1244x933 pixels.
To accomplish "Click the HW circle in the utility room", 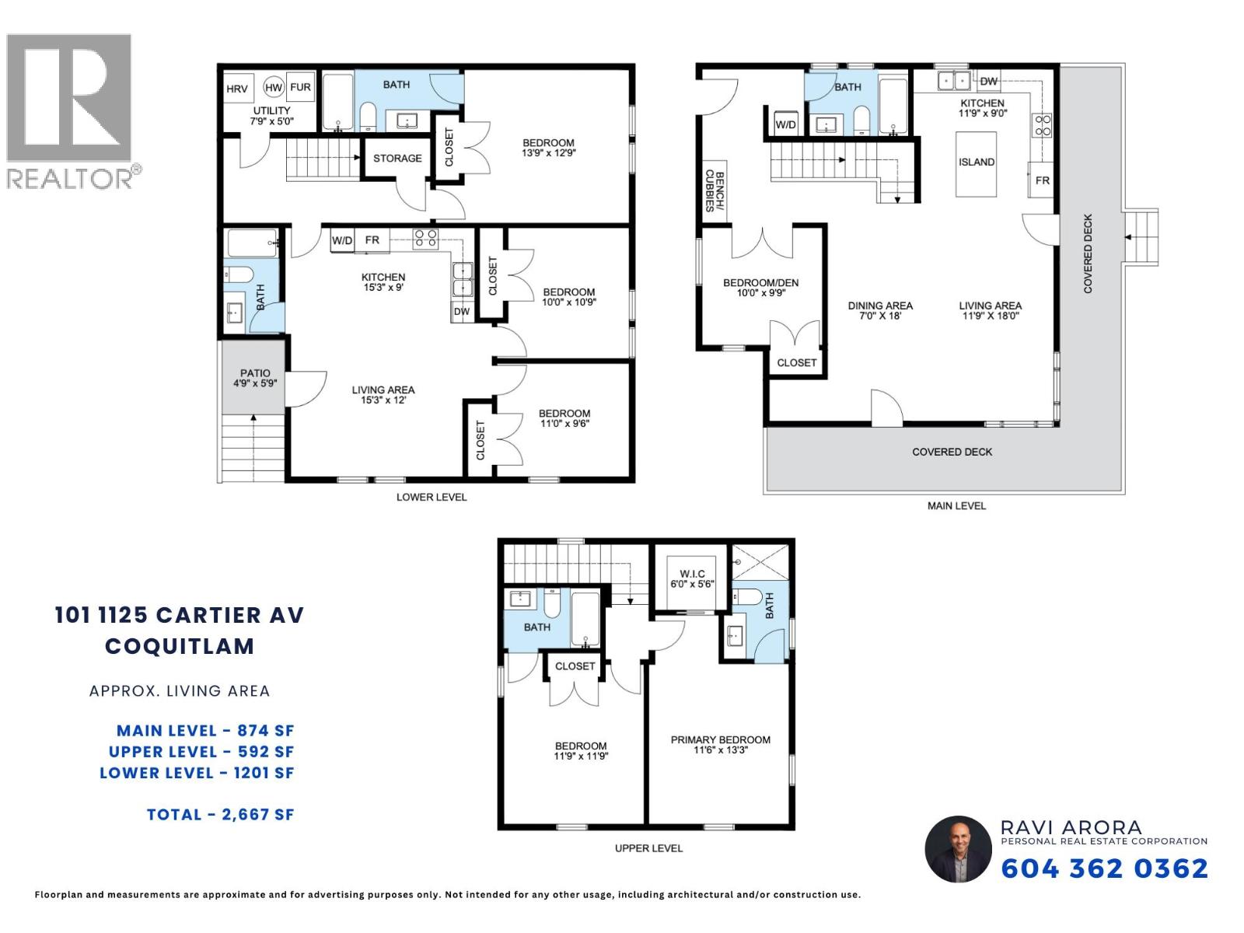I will click(x=273, y=88).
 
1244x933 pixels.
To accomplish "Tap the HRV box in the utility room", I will click(x=237, y=89).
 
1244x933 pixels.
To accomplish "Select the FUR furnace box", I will click(x=300, y=87).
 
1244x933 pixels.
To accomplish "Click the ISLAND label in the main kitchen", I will click(x=977, y=162).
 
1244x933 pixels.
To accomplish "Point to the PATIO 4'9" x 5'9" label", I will click(x=255, y=378).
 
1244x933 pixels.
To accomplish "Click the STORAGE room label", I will click(x=397, y=158).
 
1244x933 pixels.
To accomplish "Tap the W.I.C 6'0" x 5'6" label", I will click(x=692, y=579).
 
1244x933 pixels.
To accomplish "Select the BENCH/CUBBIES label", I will click(x=715, y=191).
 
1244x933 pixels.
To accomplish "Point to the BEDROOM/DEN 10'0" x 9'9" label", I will click(x=760, y=287).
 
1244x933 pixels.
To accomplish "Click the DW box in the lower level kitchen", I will click(x=462, y=311).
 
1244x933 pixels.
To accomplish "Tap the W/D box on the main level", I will click(x=785, y=124).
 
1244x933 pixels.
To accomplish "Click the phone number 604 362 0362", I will click(x=1104, y=868).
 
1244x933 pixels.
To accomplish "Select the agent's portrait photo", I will click(x=958, y=849).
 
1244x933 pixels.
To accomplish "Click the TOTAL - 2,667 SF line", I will click(x=221, y=814).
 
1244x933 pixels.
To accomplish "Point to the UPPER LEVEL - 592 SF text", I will click(x=201, y=751).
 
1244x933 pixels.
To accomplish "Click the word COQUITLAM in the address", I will click(x=180, y=646).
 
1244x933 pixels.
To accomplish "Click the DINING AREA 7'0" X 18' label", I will click(x=880, y=310).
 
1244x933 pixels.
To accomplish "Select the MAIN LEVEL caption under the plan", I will click(x=956, y=505).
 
